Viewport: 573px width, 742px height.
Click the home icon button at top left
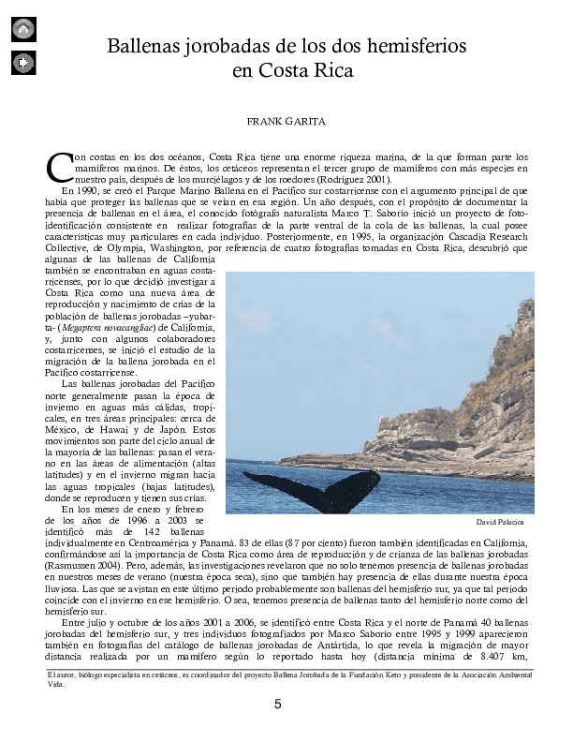point(23,29)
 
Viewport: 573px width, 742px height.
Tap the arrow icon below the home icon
point(23,63)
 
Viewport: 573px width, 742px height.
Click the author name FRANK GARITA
point(286,122)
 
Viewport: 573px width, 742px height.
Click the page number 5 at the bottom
point(277,705)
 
